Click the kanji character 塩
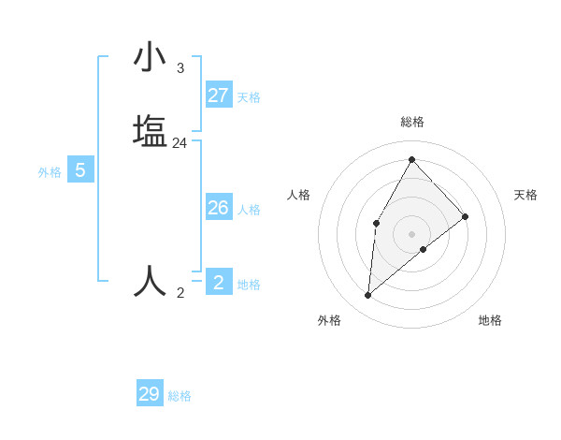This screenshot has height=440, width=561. pos(151,130)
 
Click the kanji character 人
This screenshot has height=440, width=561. pos(151,281)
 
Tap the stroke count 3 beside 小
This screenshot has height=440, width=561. pos(180,68)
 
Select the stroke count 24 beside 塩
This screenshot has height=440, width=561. pos(180,143)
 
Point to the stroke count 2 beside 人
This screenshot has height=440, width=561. pos(180,293)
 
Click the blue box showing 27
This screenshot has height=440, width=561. pos(219,95)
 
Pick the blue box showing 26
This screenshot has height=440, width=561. pos(219,208)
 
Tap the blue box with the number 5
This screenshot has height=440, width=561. pos(80,171)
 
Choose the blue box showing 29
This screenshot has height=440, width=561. pos(150,394)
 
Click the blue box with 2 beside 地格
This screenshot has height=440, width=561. pos(219,283)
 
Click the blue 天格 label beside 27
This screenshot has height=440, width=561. pos(249,97)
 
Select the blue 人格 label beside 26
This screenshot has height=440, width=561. pos(249,210)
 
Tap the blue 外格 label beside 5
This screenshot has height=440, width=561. pos(50,172)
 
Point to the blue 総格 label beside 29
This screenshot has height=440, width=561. pos(180,396)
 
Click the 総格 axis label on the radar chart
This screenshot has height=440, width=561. pos(412,122)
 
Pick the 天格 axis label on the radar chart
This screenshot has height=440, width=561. pos(525,195)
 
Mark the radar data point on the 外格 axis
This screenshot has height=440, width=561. pos(368,296)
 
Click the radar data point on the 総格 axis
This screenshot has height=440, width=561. pos(411,159)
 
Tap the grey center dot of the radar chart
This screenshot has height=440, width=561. pos(411,233)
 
